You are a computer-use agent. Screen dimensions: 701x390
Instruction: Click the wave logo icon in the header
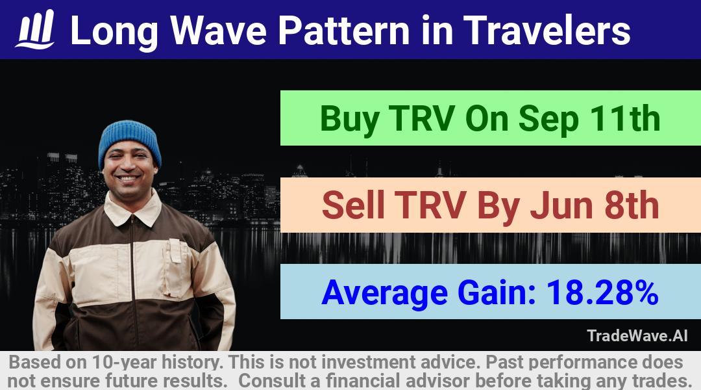[35, 29]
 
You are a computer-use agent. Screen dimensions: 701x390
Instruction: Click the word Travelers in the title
[547, 31]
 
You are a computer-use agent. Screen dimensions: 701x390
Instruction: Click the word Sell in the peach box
[353, 205]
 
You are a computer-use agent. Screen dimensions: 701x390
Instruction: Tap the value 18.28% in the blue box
[602, 292]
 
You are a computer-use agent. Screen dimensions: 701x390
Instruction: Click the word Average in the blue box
[384, 293]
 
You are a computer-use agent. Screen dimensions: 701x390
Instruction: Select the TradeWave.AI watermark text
[637, 335]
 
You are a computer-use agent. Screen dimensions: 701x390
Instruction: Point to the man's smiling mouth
[129, 178]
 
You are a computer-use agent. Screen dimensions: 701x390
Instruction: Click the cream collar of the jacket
[132, 208]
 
